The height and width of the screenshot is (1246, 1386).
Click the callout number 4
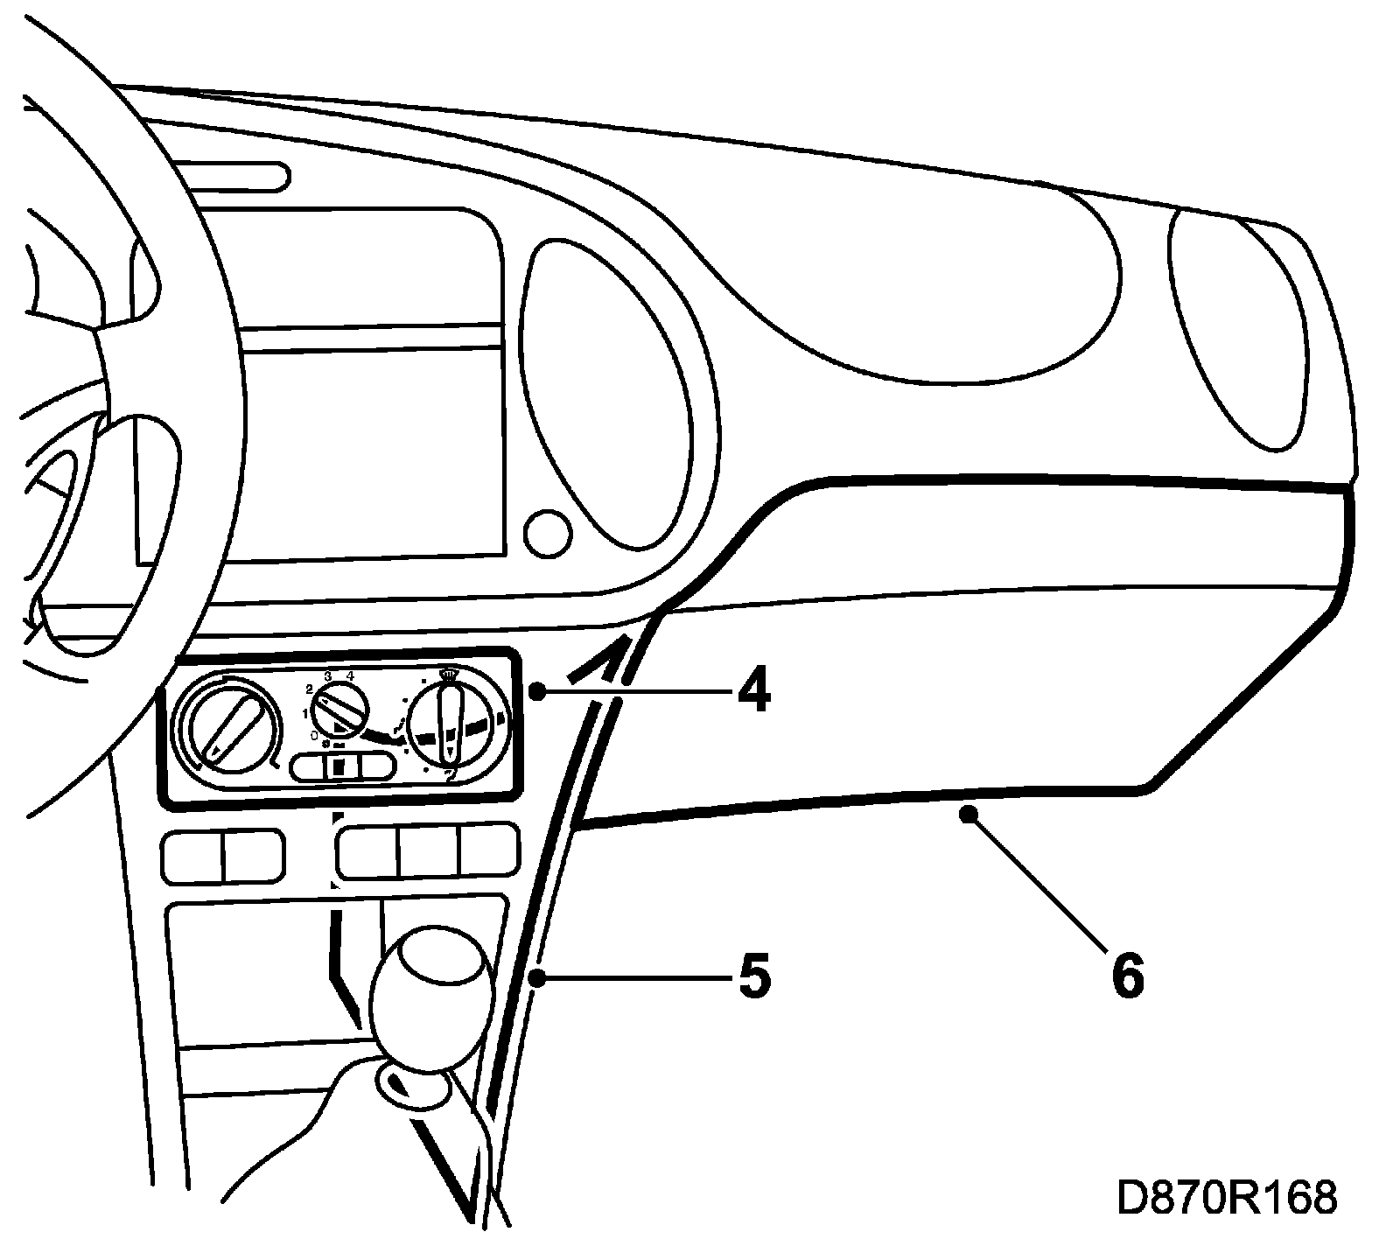tap(753, 691)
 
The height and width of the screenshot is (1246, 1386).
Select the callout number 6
tap(1127, 975)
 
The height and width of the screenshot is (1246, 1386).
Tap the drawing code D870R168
tap(1227, 1198)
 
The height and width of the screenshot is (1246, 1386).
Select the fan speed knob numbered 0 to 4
tap(340, 707)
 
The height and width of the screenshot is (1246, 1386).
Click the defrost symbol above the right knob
tap(449, 675)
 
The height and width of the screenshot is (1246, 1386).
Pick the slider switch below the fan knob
tap(343, 766)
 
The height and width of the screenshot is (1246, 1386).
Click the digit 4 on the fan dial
tap(351, 675)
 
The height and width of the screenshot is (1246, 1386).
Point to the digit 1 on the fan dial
tap(305, 713)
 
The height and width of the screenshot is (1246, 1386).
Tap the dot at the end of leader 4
tap(537, 692)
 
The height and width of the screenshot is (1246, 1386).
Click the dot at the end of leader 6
tap(968, 815)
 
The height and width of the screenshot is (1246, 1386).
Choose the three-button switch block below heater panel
tap(428, 850)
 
